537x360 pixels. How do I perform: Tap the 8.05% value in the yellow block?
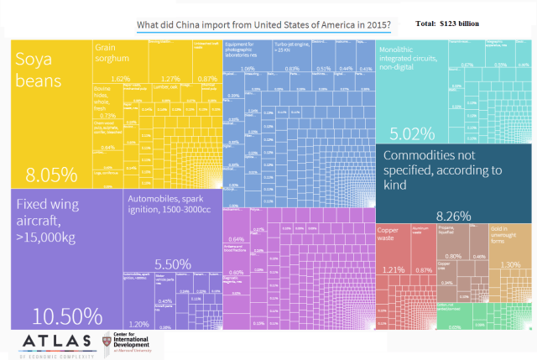51,175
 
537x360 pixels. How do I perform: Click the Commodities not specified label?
441,170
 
